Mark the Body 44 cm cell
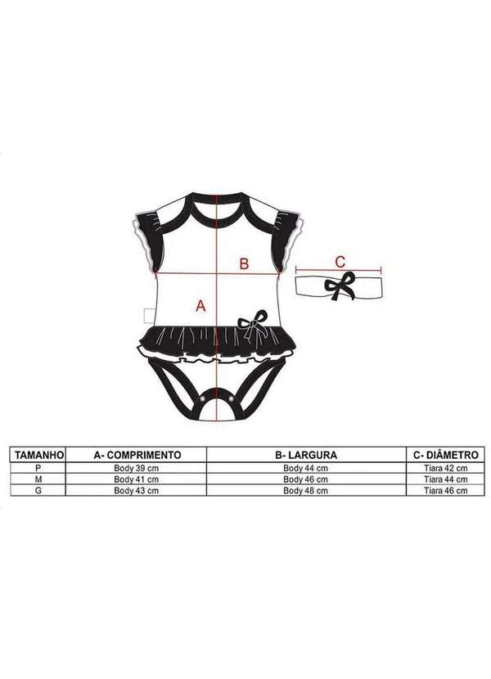point(305,468)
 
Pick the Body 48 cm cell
point(305,491)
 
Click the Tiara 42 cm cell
point(446,468)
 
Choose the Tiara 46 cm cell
point(446,491)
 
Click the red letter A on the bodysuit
point(197,305)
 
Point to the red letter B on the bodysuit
point(243,263)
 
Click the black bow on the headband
point(337,287)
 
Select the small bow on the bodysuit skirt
point(254,322)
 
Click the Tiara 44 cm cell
point(446,479)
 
